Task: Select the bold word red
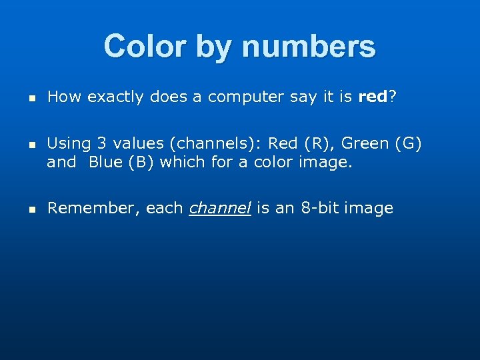[x=373, y=97]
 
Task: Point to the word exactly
[x=115, y=97]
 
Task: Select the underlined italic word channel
[x=220, y=209]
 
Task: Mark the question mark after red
[x=393, y=97]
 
